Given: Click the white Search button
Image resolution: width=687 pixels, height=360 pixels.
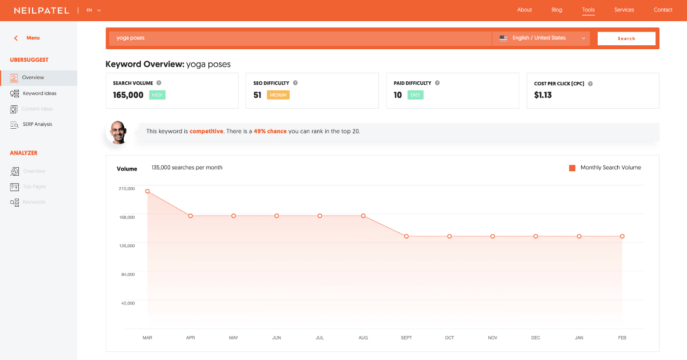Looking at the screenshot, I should (x=626, y=38).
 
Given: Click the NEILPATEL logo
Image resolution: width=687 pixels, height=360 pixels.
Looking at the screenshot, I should (x=41, y=10).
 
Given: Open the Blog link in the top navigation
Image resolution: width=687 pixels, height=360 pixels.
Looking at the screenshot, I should (x=556, y=10).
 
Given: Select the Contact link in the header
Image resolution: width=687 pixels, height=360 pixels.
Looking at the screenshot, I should (x=663, y=10).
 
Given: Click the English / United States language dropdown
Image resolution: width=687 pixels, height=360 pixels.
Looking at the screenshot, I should (x=541, y=38).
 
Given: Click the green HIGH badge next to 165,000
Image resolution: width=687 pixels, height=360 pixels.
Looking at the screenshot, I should (x=157, y=95).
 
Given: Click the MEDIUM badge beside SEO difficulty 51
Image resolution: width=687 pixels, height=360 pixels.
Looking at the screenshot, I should (x=278, y=95).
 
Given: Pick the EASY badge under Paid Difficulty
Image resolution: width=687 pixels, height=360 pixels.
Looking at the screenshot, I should (x=415, y=95).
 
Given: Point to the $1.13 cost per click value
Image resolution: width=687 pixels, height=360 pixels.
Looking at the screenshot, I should (x=543, y=95).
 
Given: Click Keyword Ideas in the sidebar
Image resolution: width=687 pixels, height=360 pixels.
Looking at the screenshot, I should (x=40, y=93).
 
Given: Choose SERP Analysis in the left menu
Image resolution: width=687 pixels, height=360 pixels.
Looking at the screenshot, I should (x=37, y=124).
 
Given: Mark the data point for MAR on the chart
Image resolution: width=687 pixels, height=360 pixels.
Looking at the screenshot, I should (x=148, y=191).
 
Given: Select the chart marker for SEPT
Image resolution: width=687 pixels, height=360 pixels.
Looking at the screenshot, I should (x=406, y=236).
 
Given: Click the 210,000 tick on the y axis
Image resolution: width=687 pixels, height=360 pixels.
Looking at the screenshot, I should (x=127, y=188).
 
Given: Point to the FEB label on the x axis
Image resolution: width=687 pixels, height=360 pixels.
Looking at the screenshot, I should (x=622, y=338).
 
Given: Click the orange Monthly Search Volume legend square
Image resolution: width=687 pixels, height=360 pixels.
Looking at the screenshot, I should (x=572, y=168).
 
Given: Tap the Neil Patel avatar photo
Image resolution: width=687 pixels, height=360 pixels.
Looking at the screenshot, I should (x=117, y=132).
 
